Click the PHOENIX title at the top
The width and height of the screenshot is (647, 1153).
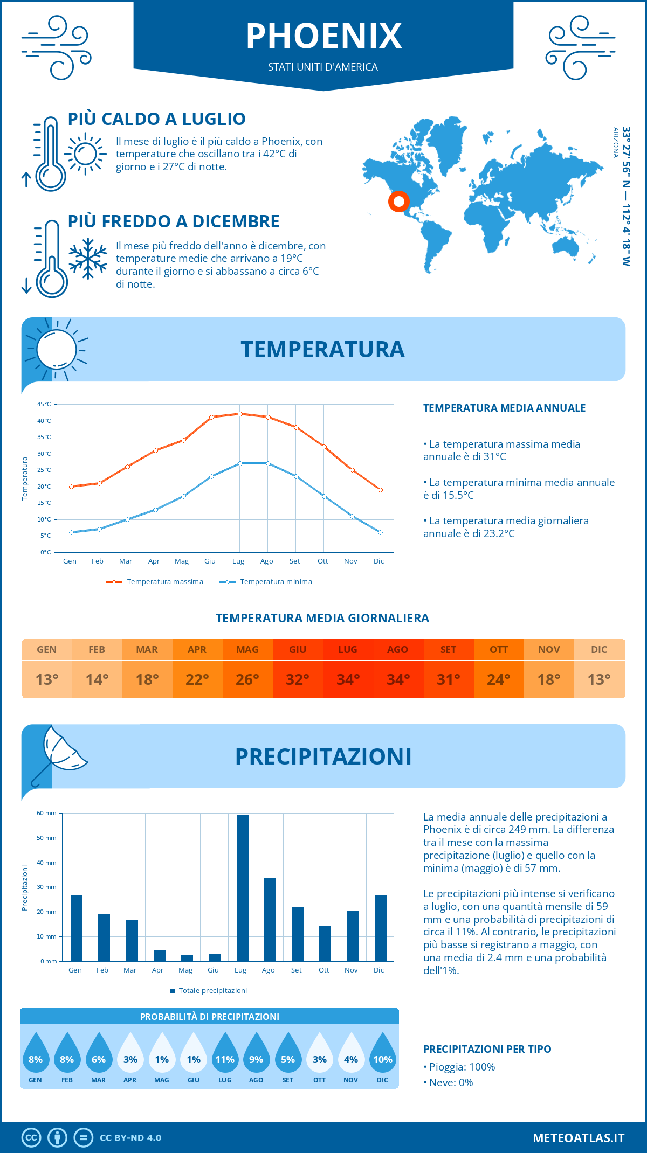coord(323,36)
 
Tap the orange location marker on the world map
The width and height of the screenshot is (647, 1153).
coord(398,202)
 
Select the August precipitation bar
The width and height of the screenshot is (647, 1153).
coord(270,919)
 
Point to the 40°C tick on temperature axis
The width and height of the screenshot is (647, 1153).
coord(44,421)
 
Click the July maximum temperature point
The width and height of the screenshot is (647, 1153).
coord(240,414)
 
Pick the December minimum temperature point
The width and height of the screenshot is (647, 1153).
coord(380,532)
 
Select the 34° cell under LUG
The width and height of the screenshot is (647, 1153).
coord(348,679)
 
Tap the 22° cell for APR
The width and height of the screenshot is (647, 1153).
coord(197,679)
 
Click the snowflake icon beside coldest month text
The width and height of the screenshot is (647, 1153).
coord(88,259)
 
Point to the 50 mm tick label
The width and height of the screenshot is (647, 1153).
coord(46,838)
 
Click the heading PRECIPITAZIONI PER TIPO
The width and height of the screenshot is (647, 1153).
coord(487,1049)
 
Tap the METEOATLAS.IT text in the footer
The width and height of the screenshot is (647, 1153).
coord(578,1138)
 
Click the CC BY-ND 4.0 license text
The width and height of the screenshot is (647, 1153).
coord(130,1138)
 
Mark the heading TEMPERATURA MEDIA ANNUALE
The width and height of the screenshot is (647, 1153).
coord(504,408)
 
